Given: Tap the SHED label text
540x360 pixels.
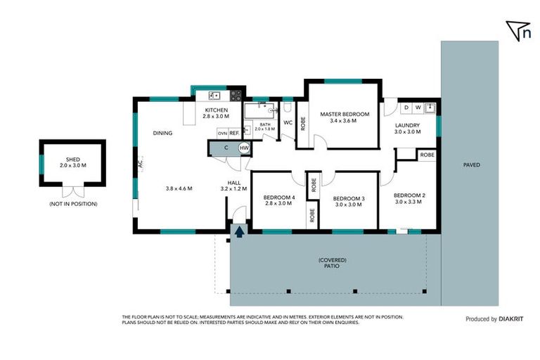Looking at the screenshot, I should pos(72,160).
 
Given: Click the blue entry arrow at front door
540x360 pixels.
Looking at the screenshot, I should pos(240,231).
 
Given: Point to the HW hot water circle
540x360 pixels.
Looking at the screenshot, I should pos(244,148).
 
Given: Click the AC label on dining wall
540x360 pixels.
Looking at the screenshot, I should pos(140,165).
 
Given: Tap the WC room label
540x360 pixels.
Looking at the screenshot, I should pos(288,123).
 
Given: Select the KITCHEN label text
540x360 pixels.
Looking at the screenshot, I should pos(217,110).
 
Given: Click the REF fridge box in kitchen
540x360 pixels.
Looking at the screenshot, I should pos(234,132).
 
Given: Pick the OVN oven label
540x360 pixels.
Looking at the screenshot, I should pos(222,133).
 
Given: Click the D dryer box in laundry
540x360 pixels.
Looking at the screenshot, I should pos(406,108).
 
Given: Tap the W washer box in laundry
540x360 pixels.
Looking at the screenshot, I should pos(418,108).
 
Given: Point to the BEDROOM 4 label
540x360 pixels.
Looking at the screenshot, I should pos(279,198).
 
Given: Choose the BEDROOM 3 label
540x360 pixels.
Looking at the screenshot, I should pos(349,199).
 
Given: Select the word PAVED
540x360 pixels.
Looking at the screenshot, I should pos(471,166).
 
